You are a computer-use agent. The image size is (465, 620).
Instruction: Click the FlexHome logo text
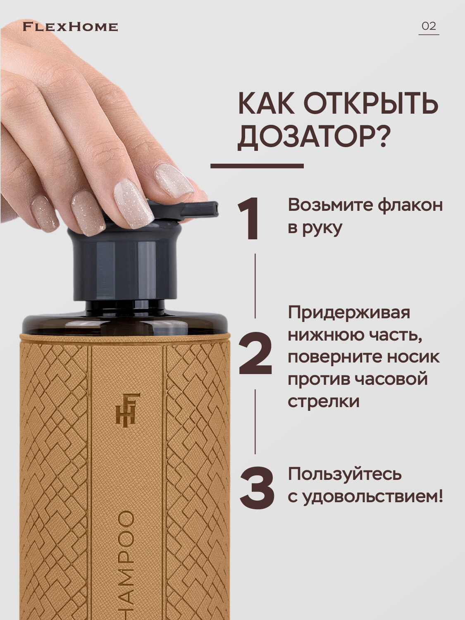[70, 27]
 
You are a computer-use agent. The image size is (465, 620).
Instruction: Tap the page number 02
[429, 26]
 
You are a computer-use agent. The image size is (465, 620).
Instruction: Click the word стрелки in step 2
[324, 401]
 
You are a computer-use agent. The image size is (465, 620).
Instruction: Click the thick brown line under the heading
[257, 166]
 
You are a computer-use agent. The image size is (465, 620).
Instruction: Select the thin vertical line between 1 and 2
[255, 286]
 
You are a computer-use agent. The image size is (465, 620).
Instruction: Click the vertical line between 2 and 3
[255, 422]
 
